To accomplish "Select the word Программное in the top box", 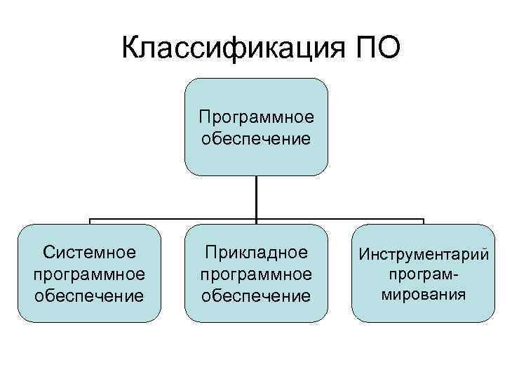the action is (x=256, y=115).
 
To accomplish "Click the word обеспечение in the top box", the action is (x=256, y=138).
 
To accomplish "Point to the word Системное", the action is (x=89, y=251).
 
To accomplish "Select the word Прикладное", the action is (x=256, y=251).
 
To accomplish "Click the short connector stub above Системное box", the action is (x=89, y=222).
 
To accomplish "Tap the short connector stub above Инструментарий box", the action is (x=424, y=222).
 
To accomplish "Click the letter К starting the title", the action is (x=131, y=49).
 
